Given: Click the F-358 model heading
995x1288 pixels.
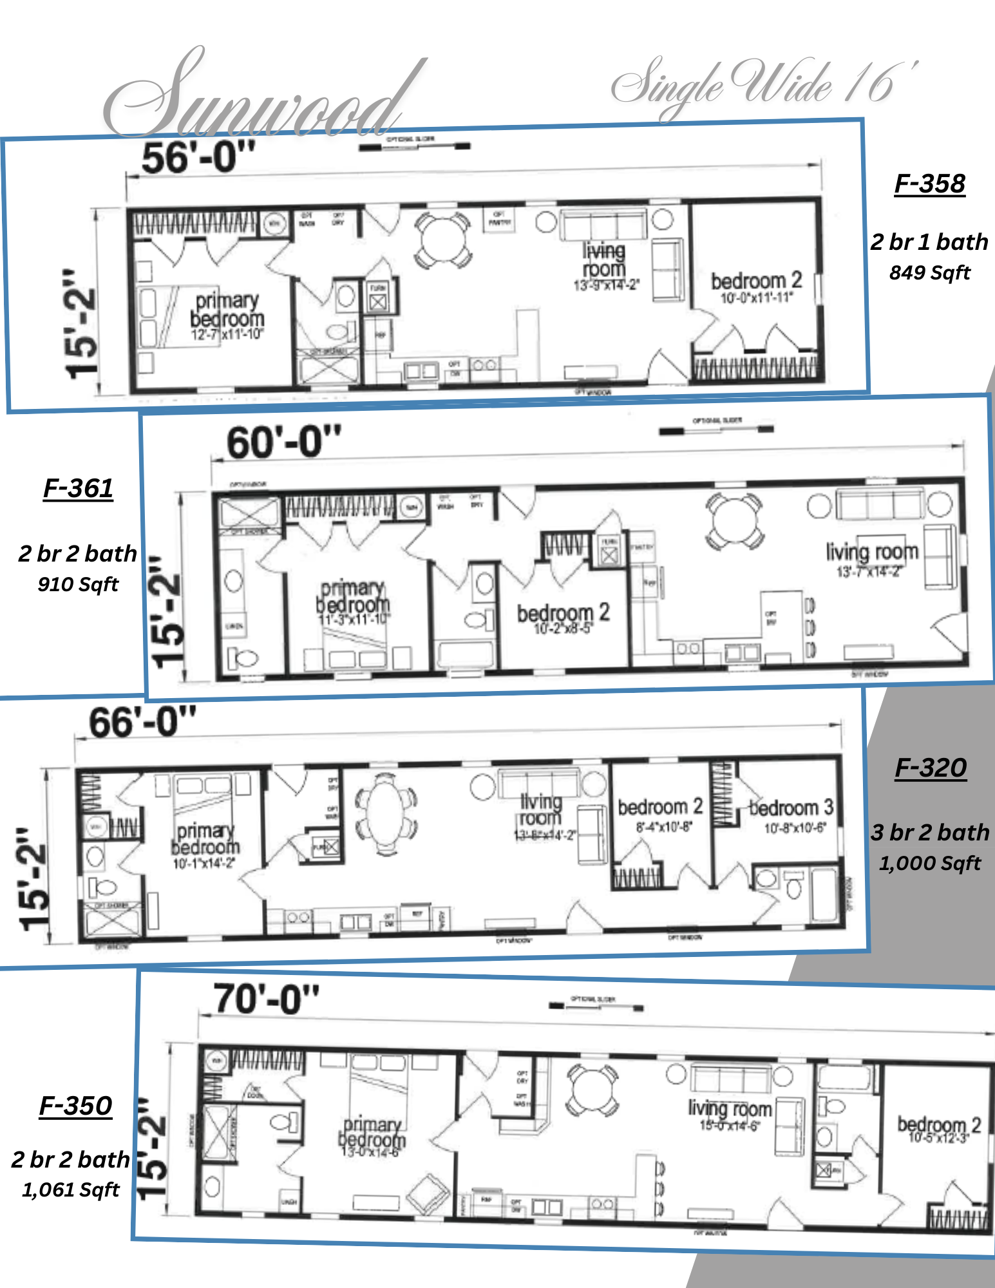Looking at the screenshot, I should point(929,184).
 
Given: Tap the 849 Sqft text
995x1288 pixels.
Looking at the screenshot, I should point(929,273).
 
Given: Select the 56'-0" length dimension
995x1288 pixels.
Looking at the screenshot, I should point(198,158).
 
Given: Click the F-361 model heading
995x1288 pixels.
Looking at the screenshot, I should point(78,489).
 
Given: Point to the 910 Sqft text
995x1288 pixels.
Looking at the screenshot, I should point(78,585).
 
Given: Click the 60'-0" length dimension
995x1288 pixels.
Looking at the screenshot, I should point(283,443).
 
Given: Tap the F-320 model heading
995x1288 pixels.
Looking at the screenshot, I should point(931,768).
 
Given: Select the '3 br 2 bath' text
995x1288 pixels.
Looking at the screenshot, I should point(930,833).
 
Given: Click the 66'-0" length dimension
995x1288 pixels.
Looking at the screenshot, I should point(142,723).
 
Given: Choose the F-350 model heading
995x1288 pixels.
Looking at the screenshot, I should point(75,1106).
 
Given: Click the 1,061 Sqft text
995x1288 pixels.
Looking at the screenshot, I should point(71,1190).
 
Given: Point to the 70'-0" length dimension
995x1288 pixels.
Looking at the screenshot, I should point(266,999).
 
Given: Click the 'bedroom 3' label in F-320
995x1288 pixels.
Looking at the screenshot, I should point(791,808).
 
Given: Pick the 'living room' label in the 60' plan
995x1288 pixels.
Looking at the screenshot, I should point(872,552).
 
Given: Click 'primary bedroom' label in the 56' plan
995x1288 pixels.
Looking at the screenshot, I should point(227,310).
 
